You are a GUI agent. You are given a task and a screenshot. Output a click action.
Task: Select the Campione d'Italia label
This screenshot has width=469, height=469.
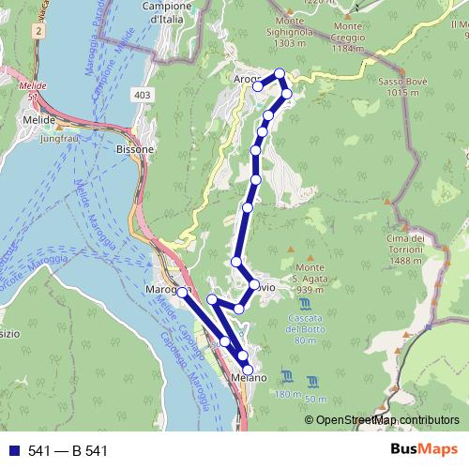182,12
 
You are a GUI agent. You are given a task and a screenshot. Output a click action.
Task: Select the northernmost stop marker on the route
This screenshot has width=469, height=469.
279,74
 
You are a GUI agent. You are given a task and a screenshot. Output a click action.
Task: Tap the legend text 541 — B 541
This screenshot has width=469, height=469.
68,451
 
